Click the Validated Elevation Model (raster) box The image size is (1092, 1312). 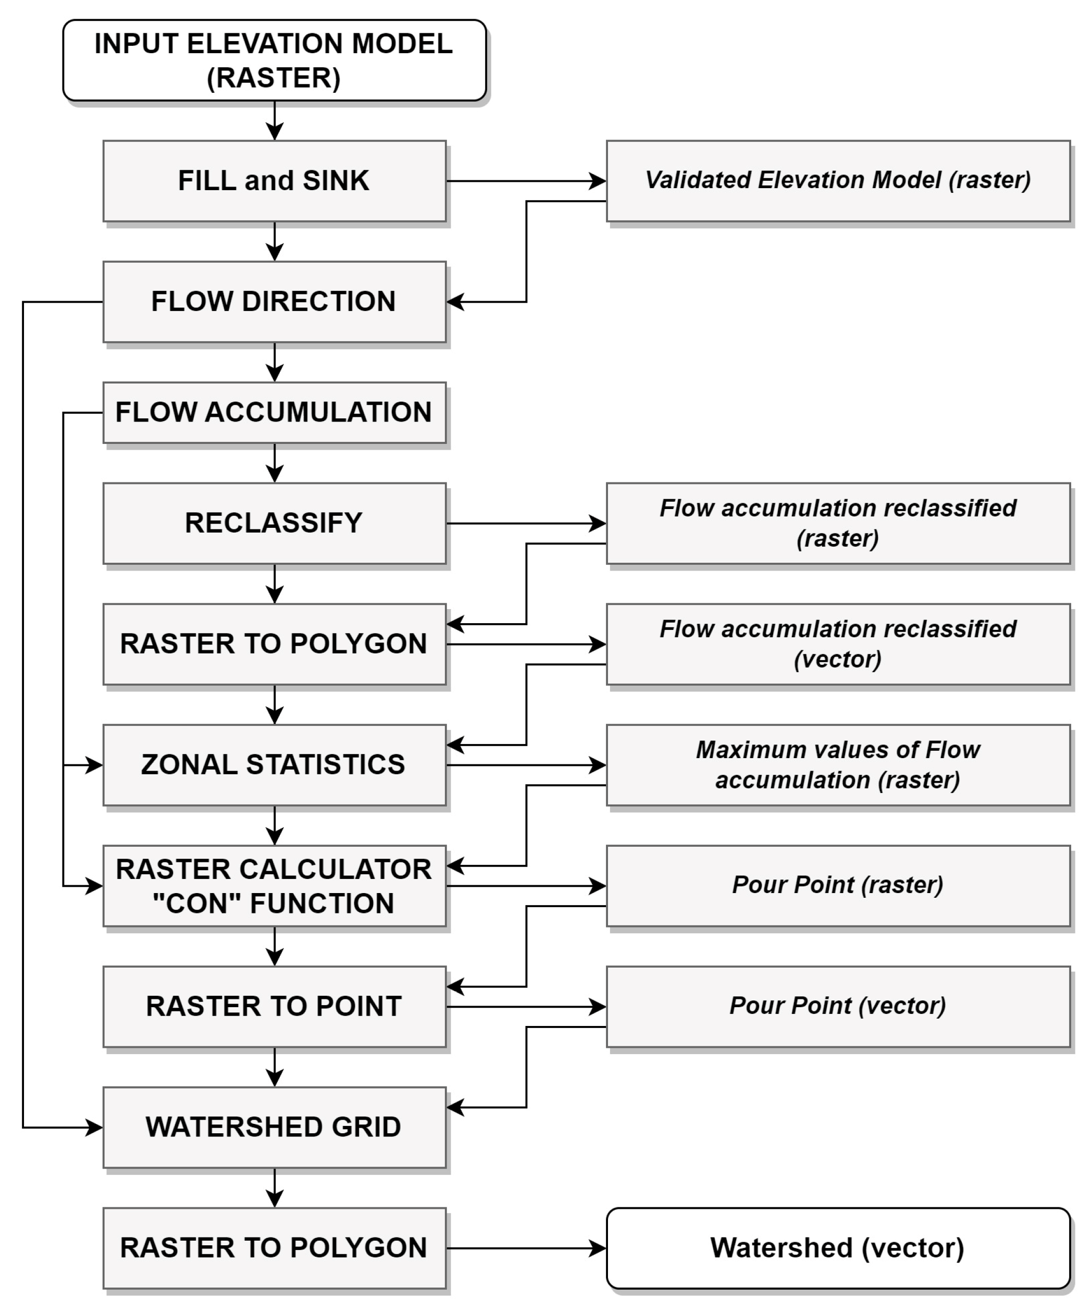coord(838,181)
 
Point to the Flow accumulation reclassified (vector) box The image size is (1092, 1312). coord(838,644)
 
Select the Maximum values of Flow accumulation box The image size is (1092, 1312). coord(838,765)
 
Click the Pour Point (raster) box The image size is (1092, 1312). coord(838,886)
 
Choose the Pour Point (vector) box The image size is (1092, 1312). coord(838,1007)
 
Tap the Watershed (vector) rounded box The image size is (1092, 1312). coord(838,1248)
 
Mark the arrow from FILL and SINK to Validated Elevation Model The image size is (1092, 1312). coord(525,181)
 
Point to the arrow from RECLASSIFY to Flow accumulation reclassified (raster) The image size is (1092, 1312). coord(525,523)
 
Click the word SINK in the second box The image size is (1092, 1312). coord(336,181)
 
